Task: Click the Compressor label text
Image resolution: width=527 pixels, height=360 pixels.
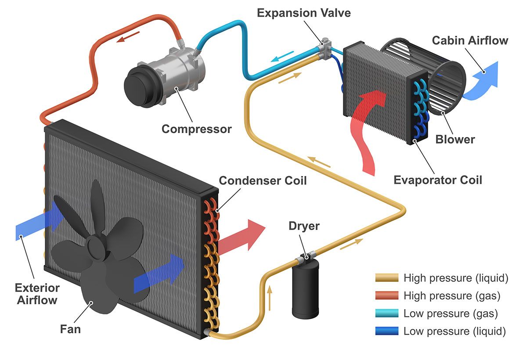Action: pyautogui.click(x=196, y=129)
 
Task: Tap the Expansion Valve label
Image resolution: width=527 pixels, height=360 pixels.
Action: pyautogui.click(x=304, y=13)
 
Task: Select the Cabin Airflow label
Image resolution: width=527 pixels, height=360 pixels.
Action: pyautogui.click(x=470, y=41)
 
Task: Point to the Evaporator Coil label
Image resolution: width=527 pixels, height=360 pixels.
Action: pyautogui.click(x=437, y=180)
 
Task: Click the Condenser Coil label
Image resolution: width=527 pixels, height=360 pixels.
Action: pyautogui.click(x=263, y=180)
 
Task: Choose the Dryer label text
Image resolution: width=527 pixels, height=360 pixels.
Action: pyautogui.click(x=304, y=227)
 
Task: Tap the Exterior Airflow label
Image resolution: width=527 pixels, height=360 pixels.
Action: pyautogui.click(x=37, y=294)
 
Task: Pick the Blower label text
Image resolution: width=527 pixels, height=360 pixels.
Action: pyautogui.click(x=455, y=140)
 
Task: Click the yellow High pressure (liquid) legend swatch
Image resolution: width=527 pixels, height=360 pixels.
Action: pyautogui.click(x=387, y=278)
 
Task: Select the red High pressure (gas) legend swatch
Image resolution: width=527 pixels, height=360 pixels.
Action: pyautogui.click(x=387, y=295)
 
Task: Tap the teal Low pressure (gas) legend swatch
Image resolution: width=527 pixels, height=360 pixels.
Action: pyautogui.click(x=387, y=313)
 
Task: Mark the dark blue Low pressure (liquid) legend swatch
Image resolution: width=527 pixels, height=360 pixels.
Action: pyautogui.click(x=387, y=331)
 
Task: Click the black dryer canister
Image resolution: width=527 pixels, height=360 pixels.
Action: pyautogui.click(x=305, y=290)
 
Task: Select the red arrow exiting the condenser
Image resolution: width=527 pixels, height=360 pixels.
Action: pyautogui.click(x=242, y=237)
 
